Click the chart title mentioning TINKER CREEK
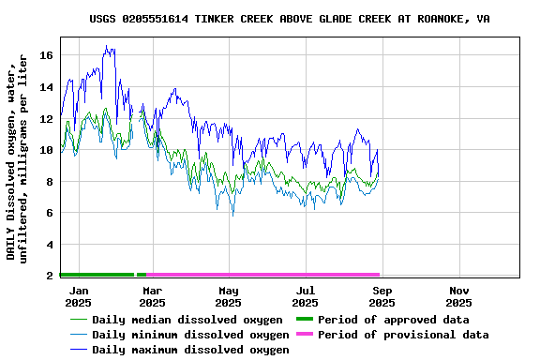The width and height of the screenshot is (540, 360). [x=289, y=19]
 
